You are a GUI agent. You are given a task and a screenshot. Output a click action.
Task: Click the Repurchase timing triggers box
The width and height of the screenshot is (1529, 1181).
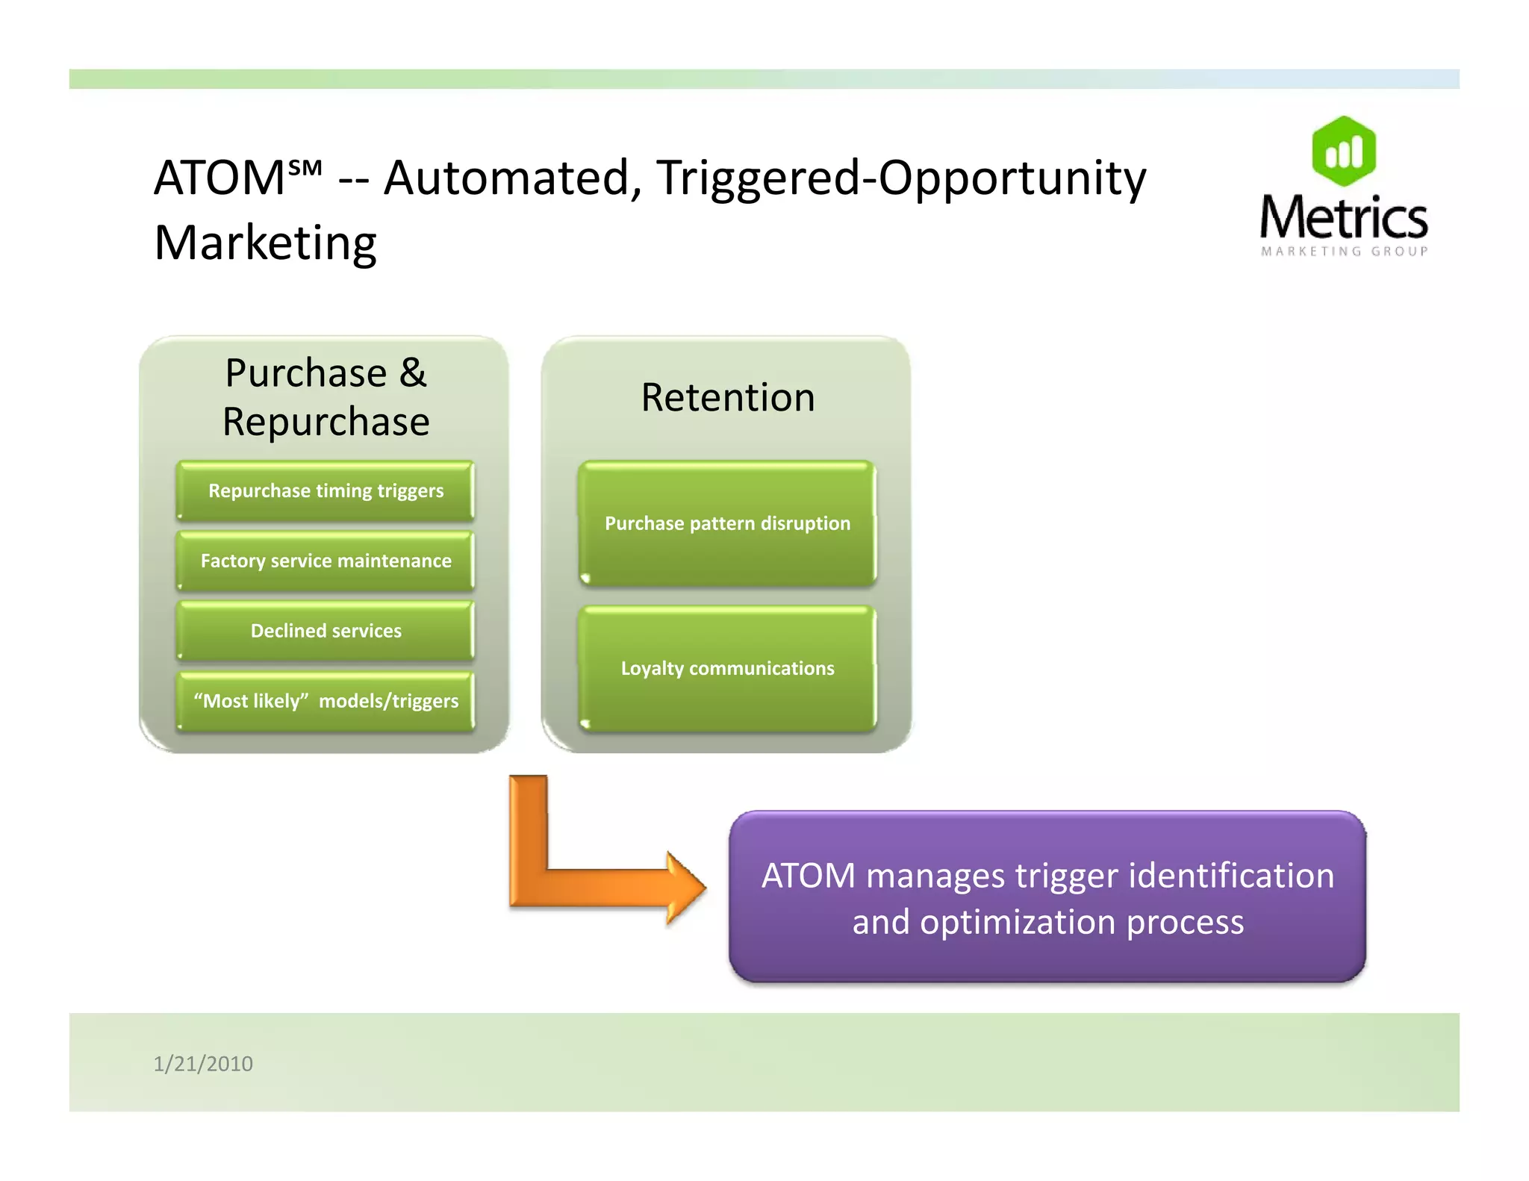[x=326, y=490]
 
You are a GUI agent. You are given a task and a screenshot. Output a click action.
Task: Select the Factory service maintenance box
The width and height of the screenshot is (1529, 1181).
[x=326, y=561]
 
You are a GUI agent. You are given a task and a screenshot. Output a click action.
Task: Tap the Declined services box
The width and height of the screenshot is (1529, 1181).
[x=326, y=631]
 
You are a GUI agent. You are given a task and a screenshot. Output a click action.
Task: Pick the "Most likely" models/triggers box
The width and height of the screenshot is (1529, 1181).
[x=326, y=701]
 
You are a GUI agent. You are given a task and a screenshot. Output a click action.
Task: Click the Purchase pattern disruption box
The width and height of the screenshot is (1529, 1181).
[x=727, y=523]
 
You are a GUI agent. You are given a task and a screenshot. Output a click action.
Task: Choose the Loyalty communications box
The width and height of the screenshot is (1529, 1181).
[x=727, y=668]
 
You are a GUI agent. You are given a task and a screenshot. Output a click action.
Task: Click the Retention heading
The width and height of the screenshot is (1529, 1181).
[x=728, y=397]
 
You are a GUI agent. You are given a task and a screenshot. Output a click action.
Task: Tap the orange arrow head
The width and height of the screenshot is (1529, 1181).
[x=685, y=888]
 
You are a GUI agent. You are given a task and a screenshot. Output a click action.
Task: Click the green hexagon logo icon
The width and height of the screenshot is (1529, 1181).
[x=1344, y=152]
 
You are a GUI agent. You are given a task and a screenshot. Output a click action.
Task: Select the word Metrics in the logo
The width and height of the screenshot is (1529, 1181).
[x=1344, y=218]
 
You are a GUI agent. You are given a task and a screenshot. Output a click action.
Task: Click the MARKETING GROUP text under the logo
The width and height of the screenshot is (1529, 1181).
[x=1345, y=252]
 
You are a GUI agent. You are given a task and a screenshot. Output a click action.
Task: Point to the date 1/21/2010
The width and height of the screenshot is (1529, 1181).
[x=203, y=1063]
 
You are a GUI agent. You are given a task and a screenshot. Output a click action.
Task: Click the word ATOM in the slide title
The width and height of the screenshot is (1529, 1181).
[x=219, y=178]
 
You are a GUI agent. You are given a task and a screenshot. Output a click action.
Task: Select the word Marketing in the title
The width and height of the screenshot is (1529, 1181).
[x=265, y=243]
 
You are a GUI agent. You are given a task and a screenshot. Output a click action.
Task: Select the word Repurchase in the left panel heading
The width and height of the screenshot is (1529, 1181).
[x=326, y=423]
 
